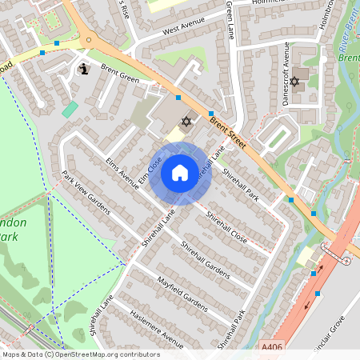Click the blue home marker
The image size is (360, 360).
(x=179, y=172)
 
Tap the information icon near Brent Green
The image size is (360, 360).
(x=84, y=70)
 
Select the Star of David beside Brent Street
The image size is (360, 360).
(x=187, y=122)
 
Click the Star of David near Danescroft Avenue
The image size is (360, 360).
(x=294, y=82)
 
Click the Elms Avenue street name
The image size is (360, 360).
(x=122, y=172)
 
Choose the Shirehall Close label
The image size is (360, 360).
(x=226, y=227)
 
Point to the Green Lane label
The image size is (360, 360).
(x=229, y=14)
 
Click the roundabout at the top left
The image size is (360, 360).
(x=89, y=37)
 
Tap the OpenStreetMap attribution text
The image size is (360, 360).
(x=80, y=354)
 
